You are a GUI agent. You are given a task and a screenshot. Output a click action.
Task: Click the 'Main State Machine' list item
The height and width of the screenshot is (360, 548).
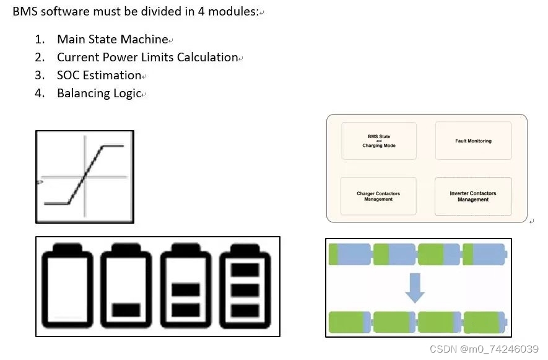pos(112,39)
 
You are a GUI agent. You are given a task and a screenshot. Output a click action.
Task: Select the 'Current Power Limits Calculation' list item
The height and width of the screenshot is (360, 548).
pos(147,57)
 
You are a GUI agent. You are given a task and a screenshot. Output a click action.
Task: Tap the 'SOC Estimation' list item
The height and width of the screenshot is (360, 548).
pos(99,75)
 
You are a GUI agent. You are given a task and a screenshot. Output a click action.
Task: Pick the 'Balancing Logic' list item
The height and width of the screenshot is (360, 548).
pos(99,94)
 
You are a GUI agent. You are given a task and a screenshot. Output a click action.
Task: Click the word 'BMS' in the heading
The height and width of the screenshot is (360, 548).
pos(25,12)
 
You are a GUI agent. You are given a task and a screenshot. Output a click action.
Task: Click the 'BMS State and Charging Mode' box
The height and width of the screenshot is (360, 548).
pos(378,141)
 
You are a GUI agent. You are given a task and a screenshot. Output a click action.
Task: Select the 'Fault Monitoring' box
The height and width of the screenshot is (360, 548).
pos(473,141)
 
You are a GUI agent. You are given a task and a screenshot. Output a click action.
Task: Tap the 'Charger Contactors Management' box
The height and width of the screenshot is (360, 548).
pos(378,196)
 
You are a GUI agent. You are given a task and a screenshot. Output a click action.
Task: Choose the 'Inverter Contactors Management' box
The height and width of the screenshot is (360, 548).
pos(473,196)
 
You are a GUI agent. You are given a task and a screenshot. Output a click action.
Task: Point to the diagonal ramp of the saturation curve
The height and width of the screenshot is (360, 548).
pos(85,176)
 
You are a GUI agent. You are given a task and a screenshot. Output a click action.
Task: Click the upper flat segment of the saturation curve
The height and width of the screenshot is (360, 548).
pos(113,146)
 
